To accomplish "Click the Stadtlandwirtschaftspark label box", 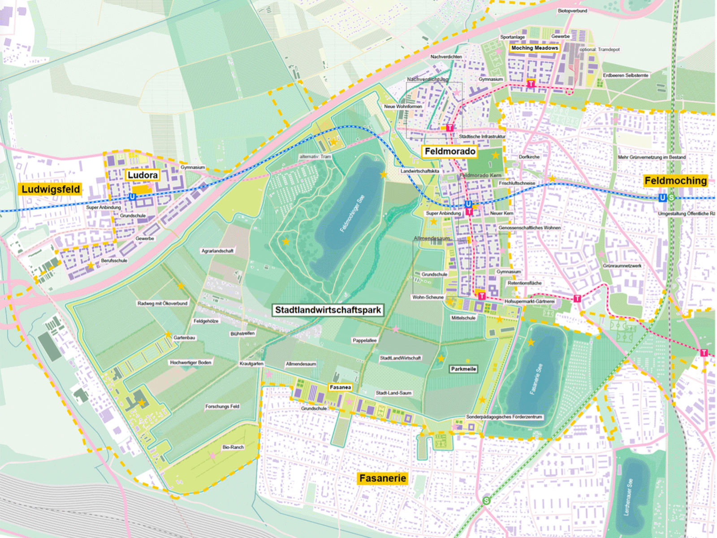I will click(328, 310).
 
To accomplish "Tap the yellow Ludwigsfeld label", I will click(51, 189).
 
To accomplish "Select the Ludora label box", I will click(143, 175).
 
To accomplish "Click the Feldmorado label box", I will click(449, 152).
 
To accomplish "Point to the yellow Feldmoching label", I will click(675, 181).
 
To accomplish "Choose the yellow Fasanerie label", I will click(383, 478).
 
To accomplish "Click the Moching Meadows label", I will click(534, 48).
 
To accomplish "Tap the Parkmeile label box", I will click(463, 369).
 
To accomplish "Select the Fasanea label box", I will click(340, 387).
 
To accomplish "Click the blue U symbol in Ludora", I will click(132, 197).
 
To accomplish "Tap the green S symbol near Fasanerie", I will click(487, 500).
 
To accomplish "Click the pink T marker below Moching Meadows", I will click(531, 84).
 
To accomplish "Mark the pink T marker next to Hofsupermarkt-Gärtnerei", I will click(482, 296).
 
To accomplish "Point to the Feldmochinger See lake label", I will click(352, 214).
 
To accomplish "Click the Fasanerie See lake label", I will click(536, 379).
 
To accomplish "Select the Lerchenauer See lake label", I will click(629, 496).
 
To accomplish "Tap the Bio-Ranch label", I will click(233, 447).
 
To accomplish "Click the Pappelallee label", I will click(364, 340).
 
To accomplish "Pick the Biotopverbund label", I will click(572, 11).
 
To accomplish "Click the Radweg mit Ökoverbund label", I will click(162, 304).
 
